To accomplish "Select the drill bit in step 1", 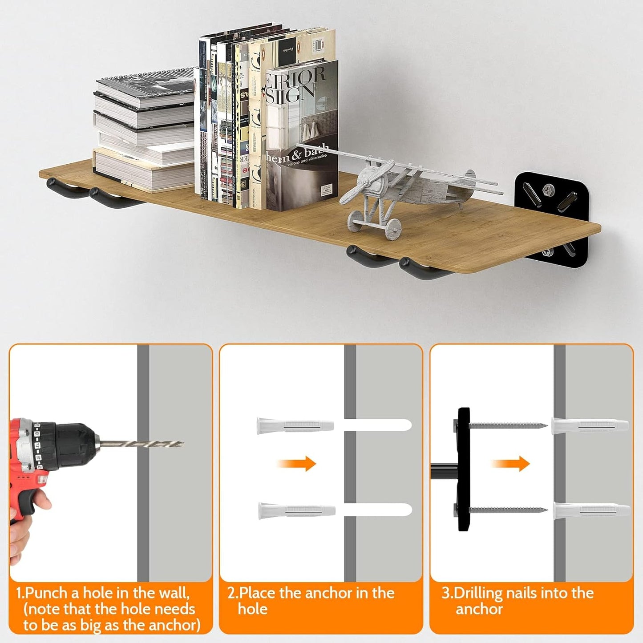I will pos(142,444).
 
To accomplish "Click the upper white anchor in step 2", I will pos(295,426).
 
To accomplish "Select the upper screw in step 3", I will pos(507,426).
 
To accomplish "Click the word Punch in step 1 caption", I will pos(47,593).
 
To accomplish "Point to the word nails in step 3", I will pos(524,593).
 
